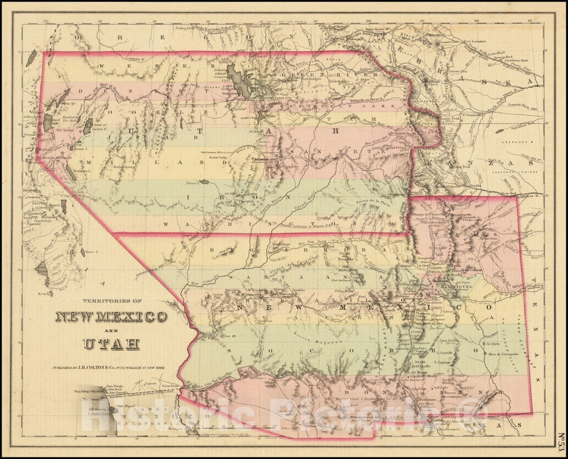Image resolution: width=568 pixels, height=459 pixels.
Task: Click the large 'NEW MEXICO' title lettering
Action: point(111,317)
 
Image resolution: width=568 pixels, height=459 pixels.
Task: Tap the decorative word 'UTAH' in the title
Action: point(111,344)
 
